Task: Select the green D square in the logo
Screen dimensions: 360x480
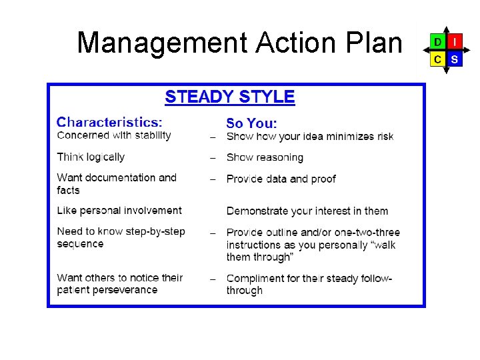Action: click(437, 42)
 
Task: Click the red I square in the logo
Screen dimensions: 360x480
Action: click(454, 42)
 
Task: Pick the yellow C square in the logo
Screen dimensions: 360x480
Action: click(437, 59)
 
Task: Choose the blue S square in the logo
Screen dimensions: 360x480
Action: click(454, 59)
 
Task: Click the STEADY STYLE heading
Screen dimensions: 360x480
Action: click(230, 97)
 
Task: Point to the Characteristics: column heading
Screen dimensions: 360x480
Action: click(109, 122)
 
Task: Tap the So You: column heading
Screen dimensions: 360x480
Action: click(251, 123)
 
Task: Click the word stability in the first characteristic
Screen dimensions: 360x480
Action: click(150, 135)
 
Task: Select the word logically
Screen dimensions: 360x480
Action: click(104, 157)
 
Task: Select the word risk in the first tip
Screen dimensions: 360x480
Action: click(385, 137)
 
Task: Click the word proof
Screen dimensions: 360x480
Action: click(323, 179)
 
